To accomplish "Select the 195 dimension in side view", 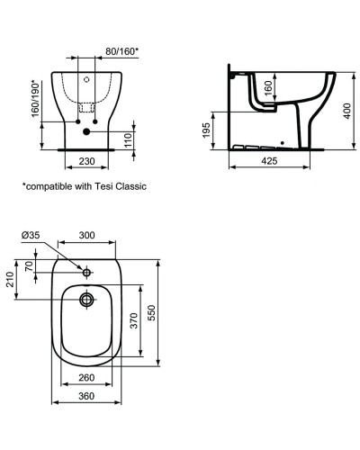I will (x=206, y=132).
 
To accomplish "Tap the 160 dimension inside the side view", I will (x=268, y=88).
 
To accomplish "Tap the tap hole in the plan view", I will (x=86, y=271).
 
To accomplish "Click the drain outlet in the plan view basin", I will (x=86, y=300).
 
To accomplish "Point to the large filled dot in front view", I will (x=86, y=131).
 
